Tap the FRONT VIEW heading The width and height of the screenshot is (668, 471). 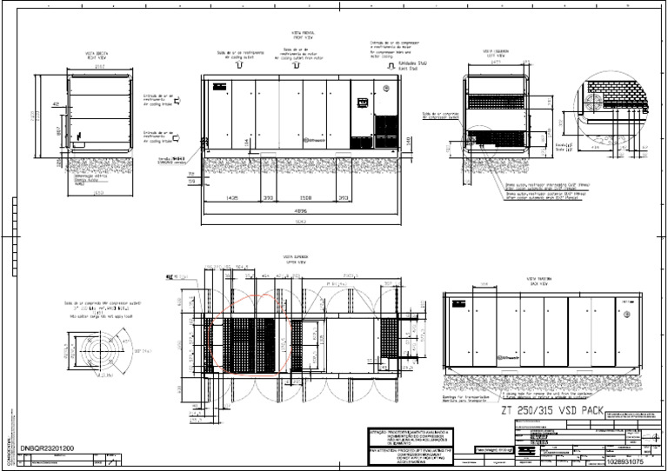click(301, 36)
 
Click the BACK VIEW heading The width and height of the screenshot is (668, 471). click(536, 284)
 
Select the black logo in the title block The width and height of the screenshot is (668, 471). click(528, 443)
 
